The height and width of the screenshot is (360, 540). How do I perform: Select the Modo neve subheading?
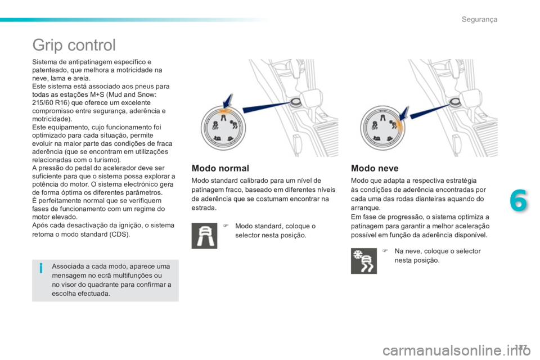point(375,168)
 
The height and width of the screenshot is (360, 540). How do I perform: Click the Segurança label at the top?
point(479,20)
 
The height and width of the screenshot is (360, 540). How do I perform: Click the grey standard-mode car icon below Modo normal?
point(204,236)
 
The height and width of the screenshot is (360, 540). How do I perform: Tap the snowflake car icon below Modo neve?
point(363,261)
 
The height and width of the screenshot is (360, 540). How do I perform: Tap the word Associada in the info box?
point(65,266)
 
